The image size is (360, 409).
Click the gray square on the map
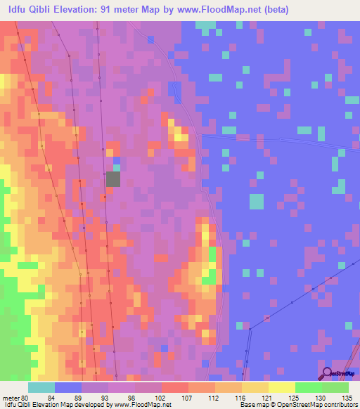click(x=113, y=178)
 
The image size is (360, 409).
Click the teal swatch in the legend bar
click(x=41, y=388)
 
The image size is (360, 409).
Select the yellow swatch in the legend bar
click(x=281, y=388)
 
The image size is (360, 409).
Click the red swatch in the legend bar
click(x=174, y=388)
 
